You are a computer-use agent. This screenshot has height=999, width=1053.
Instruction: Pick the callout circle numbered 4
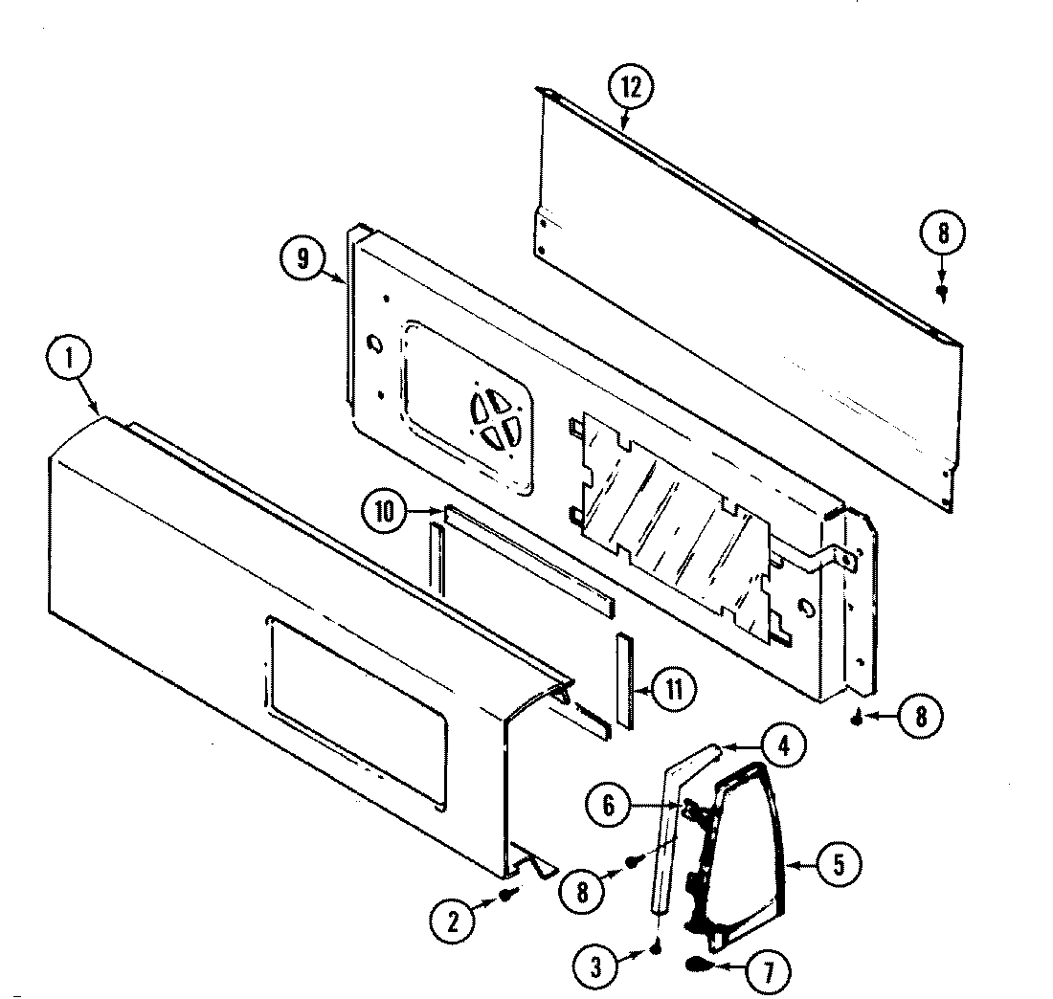pos(783,746)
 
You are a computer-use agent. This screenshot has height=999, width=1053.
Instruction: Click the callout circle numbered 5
pos(838,863)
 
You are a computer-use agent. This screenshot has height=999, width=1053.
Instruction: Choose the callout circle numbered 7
pos(768,973)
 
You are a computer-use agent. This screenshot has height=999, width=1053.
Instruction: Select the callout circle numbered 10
pos(385,512)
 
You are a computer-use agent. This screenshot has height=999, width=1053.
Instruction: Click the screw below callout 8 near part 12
pos(942,290)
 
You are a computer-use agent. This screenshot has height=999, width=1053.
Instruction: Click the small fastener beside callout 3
pos(656,947)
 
